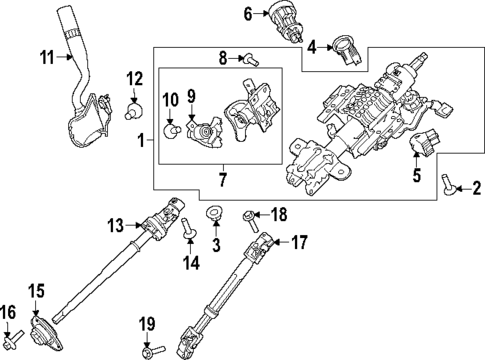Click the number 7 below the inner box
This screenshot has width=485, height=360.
tap(222, 181)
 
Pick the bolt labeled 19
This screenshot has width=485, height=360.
tap(151, 350)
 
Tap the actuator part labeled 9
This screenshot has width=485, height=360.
tap(206, 128)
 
